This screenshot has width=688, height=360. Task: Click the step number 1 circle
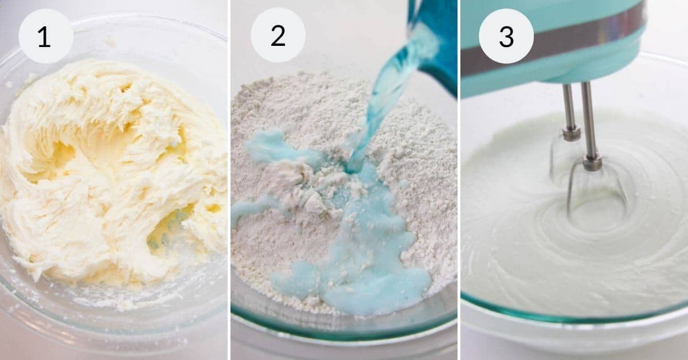tap(46, 36)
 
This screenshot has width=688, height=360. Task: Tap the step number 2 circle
tap(277, 36)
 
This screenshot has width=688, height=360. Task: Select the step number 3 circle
tap(506, 36)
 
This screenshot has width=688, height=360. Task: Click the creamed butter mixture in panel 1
tap(109, 172)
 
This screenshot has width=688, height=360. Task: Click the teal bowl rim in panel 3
tap(573, 319)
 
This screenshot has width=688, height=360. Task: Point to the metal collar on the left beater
tap(571, 134)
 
